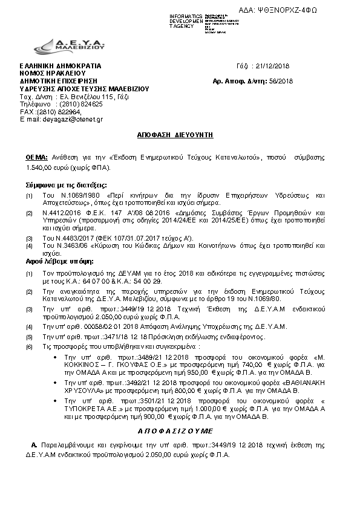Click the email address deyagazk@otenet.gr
pos(73,119)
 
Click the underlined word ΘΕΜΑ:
pos(37,156)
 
